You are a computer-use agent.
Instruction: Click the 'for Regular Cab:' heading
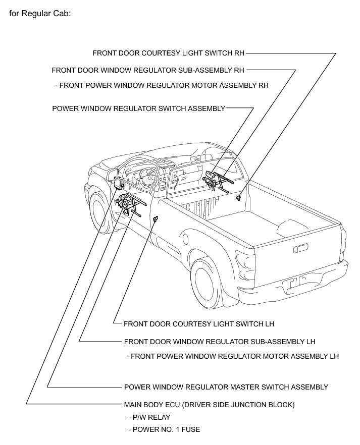[x=40, y=13]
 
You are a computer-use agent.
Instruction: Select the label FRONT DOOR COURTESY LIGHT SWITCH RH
[x=169, y=52]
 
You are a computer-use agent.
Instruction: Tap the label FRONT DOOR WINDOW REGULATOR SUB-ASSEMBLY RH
[x=148, y=70]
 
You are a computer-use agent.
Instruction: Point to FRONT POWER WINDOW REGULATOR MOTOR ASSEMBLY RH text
[x=162, y=85]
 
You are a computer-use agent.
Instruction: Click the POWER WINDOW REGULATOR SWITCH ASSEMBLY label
[x=138, y=108]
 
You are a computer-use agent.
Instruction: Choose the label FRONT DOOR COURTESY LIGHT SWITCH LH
[x=198, y=323]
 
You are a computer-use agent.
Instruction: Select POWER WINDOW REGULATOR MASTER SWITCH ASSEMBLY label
[x=226, y=387]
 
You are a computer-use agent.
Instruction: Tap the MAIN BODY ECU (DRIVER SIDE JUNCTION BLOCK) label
[x=209, y=405]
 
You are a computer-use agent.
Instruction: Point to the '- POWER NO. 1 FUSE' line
[x=164, y=430]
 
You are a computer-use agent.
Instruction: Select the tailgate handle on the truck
[x=301, y=248]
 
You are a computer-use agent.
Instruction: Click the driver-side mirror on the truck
[x=112, y=175]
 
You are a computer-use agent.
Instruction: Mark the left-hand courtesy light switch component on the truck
[x=156, y=218]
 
